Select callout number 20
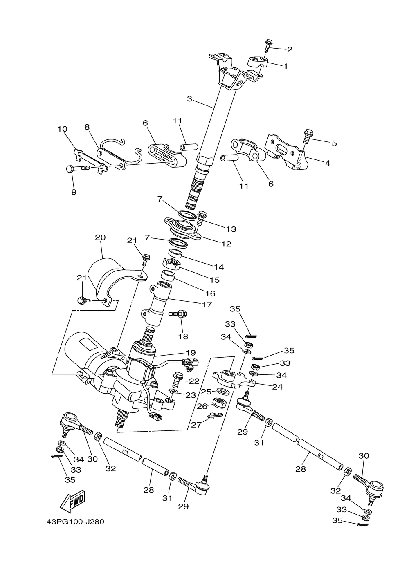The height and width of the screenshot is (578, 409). pyautogui.click(x=100, y=237)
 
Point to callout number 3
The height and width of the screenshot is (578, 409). pyautogui.click(x=189, y=99)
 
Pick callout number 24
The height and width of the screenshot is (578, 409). pyautogui.click(x=277, y=386)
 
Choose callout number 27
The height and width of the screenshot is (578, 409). pyautogui.click(x=196, y=425)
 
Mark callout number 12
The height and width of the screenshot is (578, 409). pyautogui.click(x=226, y=244)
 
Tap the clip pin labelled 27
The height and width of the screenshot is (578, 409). pyautogui.click(x=213, y=417)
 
